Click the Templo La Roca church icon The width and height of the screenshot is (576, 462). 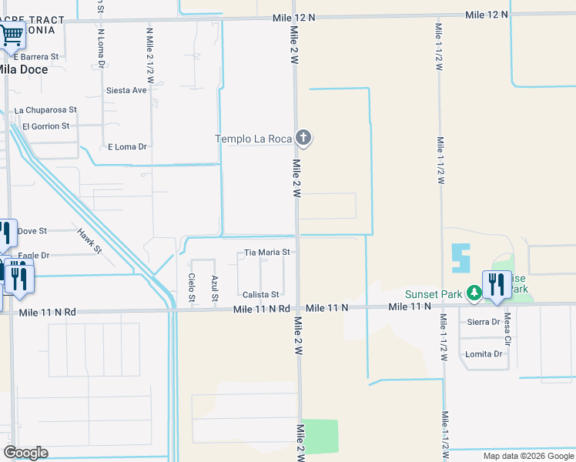(x=303, y=139)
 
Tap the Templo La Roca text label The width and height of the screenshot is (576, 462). (x=252, y=139)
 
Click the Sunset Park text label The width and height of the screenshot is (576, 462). (x=434, y=294)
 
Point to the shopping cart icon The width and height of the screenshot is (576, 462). (x=11, y=35)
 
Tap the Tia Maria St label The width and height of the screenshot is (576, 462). (x=266, y=252)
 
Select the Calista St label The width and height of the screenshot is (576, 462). (x=260, y=295)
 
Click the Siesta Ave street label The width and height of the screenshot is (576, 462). (x=126, y=90)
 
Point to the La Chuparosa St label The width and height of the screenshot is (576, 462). (x=51, y=111)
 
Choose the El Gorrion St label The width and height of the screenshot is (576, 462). (x=45, y=126)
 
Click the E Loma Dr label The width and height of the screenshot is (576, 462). (x=127, y=146)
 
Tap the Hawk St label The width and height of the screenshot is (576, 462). (x=89, y=240)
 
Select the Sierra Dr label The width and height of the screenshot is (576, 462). (x=484, y=322)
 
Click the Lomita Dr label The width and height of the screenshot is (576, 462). (x=484, y=354)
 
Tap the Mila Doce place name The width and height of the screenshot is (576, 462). (x=22, y=69)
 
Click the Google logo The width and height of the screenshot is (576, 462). (x=25, y=453)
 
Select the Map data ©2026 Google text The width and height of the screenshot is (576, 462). (x=527, y=456)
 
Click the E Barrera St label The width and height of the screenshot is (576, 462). (x=36, y=57)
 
